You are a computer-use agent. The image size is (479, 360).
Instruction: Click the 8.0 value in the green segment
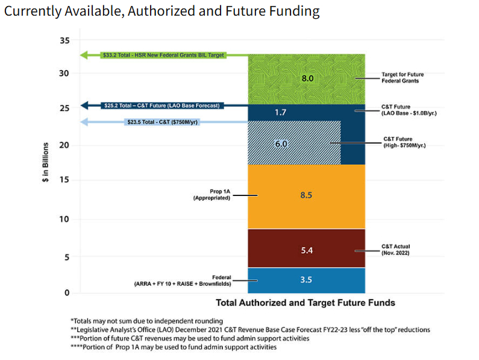coord(307,78)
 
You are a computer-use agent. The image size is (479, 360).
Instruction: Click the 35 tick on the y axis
coord(64,40)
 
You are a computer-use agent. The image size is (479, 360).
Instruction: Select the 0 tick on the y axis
coord(67,292)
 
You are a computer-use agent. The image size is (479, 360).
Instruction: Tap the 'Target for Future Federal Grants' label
coord(403,77)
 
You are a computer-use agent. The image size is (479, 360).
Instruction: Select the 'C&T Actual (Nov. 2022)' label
coord(396,250)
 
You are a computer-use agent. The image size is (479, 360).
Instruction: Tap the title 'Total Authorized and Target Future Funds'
coord(305,302)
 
